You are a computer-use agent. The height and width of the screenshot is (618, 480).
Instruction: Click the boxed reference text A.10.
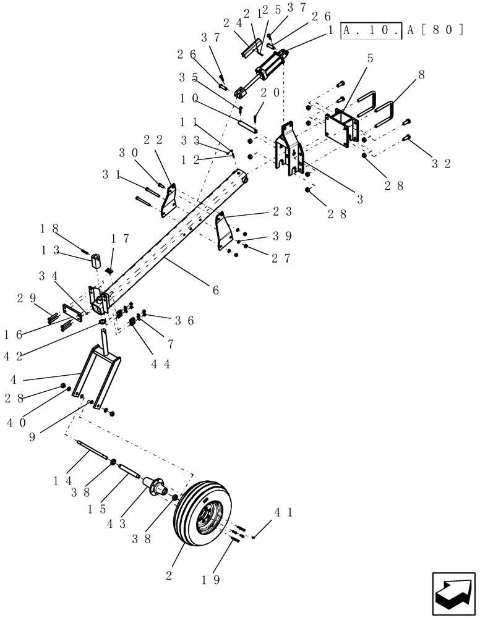[371, 30]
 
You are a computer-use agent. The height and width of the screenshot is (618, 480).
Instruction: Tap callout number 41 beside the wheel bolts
[278, 511]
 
